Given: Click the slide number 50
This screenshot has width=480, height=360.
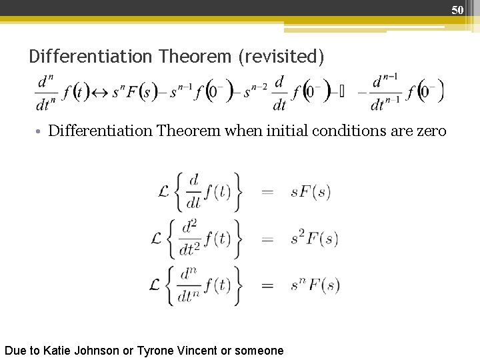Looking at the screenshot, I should tap(457, 9).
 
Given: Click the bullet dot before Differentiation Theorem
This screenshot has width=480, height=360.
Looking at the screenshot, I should tap(41, 131).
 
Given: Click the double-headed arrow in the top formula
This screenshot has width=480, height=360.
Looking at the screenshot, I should tap(101, 93).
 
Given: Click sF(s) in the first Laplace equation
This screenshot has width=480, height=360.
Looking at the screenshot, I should tap(311, 192).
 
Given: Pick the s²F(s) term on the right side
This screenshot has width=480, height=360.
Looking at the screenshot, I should tap(315, 238).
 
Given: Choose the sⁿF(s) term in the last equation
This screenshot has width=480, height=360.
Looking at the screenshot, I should tap(315, 285).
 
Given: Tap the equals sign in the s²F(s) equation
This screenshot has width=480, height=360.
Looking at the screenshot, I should tap(267, 239).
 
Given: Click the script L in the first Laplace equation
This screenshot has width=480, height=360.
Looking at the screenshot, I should tap(164, 192).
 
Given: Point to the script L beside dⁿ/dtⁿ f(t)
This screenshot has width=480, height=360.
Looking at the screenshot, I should tap(156, 285).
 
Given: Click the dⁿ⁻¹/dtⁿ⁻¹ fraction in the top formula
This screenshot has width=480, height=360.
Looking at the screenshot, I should tap(385, 93).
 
